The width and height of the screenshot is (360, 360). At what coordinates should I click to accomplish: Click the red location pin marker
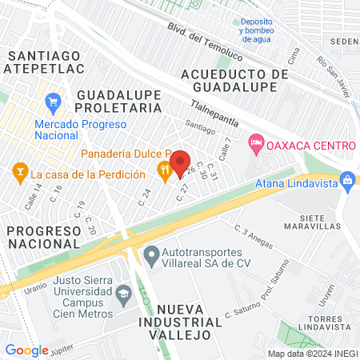180,163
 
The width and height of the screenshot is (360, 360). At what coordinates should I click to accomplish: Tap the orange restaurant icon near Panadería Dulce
164,169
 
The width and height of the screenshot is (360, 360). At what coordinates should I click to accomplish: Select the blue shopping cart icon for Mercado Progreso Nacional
54,102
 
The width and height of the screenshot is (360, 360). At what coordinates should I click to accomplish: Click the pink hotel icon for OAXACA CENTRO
256,145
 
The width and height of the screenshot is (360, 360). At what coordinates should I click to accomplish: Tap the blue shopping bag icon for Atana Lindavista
348,181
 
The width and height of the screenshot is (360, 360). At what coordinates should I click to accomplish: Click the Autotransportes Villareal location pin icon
150,257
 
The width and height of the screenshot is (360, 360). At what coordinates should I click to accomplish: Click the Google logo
26,350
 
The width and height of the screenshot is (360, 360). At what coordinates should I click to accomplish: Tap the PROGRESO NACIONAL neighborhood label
43,236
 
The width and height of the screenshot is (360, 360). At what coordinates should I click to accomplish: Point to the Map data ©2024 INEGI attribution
312,353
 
